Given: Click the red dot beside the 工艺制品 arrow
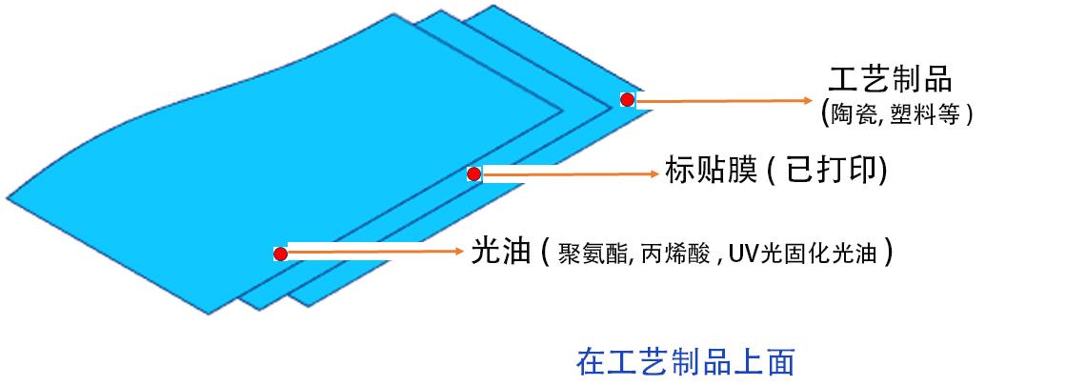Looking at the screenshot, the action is [627, 100].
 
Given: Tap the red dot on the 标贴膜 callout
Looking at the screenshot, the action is [473, 173].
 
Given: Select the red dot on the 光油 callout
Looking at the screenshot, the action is [280, 254].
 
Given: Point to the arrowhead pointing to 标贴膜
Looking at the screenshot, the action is [654, 173].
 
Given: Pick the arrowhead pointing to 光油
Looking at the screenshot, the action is [459, 253].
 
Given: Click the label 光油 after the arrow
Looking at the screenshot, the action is [499, 253].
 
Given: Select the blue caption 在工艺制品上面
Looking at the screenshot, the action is [685, 362].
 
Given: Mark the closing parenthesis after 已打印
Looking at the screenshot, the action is [882, 172].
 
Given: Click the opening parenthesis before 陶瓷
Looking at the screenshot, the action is [825, 112].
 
